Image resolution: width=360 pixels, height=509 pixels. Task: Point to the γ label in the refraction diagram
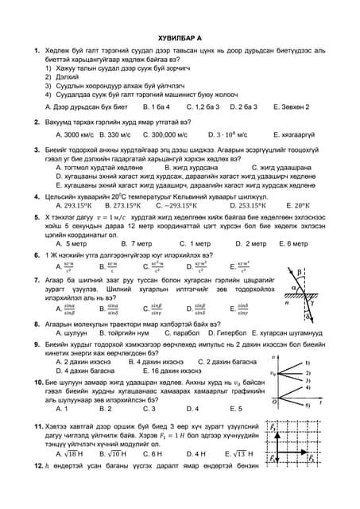[x=312, y=302]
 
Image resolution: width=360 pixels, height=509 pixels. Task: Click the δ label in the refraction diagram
[x=308, y=316]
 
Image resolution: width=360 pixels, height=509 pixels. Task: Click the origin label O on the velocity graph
[x=274, y=402]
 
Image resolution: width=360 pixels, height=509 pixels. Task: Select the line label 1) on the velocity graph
[x=308, y=362]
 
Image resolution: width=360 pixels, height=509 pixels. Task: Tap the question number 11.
[x=37, y=427]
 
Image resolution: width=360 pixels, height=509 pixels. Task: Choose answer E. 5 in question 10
[x=237, y=408]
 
